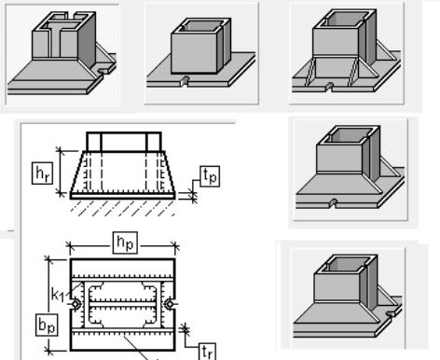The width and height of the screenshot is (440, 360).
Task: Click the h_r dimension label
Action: [x=43, y=173]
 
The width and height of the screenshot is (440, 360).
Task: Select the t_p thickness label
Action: [x=210, y=176]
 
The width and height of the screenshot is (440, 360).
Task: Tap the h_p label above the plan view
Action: [x=125, y=242]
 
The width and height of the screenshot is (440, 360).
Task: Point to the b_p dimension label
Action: [x=47, y=325]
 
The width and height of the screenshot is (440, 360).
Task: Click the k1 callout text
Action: [x=58, y=295]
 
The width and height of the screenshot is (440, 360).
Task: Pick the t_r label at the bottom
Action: [x=207, y=352]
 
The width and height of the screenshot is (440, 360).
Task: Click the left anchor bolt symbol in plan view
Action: [x=76, y=304]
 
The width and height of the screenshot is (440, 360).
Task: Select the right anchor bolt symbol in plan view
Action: [x=170, y=304]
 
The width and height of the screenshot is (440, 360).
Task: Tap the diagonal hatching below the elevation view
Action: [x=123, y=208]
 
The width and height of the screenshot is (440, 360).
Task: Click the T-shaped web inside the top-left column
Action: [x=60, y=39]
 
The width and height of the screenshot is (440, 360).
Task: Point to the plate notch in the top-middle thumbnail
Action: [x=186, y=80]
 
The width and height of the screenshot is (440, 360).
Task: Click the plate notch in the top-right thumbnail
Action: [x=329, y=87]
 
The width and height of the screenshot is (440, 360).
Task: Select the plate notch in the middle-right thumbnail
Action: [x=333, y=202]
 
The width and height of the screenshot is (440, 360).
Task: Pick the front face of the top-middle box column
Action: [x=194, y=53]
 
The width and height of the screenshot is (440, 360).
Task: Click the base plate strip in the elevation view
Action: [x=123, y=196]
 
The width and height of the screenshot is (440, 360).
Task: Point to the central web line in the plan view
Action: [x=122, y=304]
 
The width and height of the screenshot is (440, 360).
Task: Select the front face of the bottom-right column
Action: [x=337, y=287]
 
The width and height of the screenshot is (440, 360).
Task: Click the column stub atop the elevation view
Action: [x=124, y=142]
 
